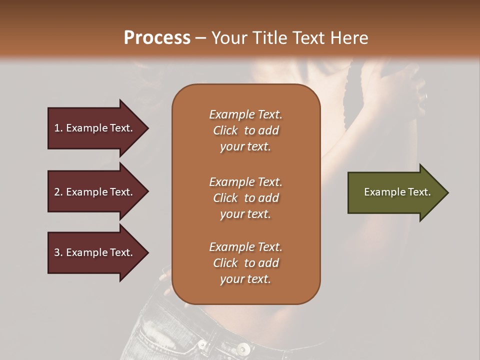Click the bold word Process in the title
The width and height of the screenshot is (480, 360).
157,38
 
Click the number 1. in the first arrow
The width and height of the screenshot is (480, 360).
58,128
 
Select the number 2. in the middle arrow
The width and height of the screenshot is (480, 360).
58,192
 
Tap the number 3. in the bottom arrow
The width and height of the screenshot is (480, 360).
58,252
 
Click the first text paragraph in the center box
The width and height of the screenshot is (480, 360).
245,130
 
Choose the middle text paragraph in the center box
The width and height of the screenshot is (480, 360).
245,198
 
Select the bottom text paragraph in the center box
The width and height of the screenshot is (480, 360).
245,263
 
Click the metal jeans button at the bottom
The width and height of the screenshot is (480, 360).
243,348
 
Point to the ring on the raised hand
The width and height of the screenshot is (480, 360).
424,96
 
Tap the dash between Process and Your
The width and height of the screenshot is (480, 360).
201,38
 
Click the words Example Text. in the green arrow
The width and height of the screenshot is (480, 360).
397,192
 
